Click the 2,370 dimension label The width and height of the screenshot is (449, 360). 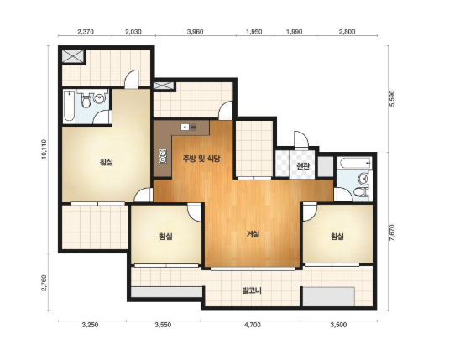[x=86, y=32]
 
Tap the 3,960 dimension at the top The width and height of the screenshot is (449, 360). [x=196, y=32]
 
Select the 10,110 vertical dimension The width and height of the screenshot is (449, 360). [x=44, y=149]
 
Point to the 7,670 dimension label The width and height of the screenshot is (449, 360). [x=392, y=232]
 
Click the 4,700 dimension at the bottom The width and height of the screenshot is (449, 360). [x=253, y=325]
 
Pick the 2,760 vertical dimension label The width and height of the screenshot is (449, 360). [x=44, y=283]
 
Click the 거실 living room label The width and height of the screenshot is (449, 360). [x=253, y=234]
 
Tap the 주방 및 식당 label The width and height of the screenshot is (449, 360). [x=201, y=159]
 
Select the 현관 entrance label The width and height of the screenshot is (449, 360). [x=303, y=165]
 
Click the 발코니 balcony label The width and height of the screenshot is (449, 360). [x=252, y=290]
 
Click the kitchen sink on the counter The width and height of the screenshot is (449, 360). [x=189, y=127]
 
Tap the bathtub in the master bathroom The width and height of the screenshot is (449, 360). [x=69, y=107]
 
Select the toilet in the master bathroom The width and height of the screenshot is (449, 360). [x=86, y=99]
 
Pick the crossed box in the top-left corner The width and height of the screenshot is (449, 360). [x=73, y=55]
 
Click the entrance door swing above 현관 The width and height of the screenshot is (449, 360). [x=301, y=139]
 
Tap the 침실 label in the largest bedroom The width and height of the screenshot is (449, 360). [x=107, y=162]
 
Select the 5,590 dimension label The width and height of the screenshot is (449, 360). [x=392, y=98]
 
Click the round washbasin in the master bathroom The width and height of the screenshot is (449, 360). [x=100, y=98]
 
